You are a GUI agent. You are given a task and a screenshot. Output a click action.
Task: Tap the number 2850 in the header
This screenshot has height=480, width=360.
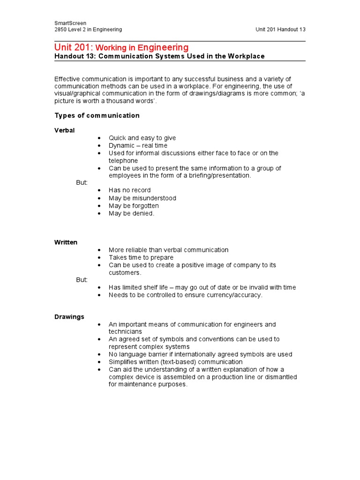pos(62,30)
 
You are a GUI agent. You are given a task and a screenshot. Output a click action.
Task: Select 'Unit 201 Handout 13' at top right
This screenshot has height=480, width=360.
pos(280,30)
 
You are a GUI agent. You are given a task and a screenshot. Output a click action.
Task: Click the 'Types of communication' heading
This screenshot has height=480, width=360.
pos(97,115)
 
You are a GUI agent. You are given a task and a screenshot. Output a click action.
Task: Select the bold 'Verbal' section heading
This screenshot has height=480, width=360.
pos(64,130)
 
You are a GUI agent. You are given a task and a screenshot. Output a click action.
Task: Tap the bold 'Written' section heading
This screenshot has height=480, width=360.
pos(66,242)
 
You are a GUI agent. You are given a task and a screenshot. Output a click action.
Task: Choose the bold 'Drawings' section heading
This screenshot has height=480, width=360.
pos(69,317)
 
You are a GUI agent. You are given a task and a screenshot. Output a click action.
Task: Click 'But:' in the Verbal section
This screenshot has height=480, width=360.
pos(82,182)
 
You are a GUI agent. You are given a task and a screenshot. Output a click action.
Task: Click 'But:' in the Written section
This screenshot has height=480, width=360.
pos(82,280)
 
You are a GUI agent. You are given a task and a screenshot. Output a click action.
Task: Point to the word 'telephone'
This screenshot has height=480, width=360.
pos(123,161)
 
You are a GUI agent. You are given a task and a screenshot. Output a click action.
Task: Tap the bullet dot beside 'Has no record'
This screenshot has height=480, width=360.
pos(99,190)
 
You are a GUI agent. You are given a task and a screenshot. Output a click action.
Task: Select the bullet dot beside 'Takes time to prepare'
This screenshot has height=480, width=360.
pos(99,258)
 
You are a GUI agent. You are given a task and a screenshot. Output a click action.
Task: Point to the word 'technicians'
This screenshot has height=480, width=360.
pos(125,332)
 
